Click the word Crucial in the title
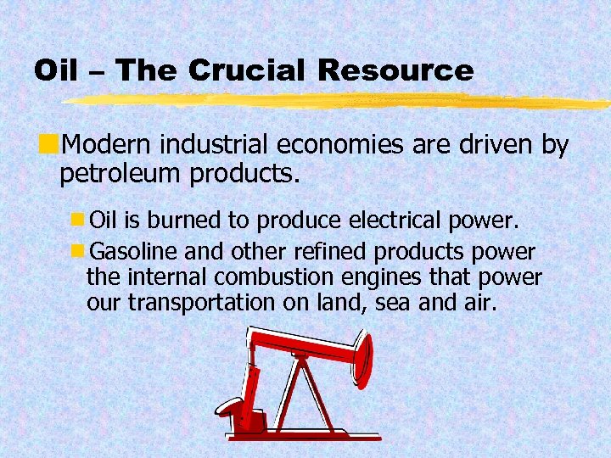point(244,70)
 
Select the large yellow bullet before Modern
point(56,140)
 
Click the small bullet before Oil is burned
point(77,221)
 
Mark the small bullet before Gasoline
point(77,251)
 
